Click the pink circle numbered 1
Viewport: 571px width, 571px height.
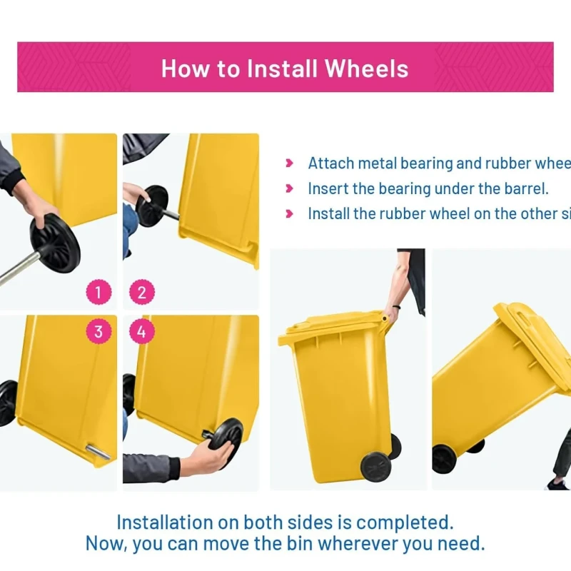tap(98, 292)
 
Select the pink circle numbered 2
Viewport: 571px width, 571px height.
tap(141, 292)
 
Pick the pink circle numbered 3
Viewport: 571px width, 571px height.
tap(98, 331)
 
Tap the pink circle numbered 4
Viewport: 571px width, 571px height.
tap(141, 331)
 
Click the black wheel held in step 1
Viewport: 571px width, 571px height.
tap(55, 243)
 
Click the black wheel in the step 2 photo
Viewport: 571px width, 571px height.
tap(152, 206)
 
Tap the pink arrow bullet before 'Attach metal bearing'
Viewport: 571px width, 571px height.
tap(289, 163)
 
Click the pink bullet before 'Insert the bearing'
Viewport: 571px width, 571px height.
tap(289, 189)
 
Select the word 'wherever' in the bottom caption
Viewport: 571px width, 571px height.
tap(360, 543)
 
